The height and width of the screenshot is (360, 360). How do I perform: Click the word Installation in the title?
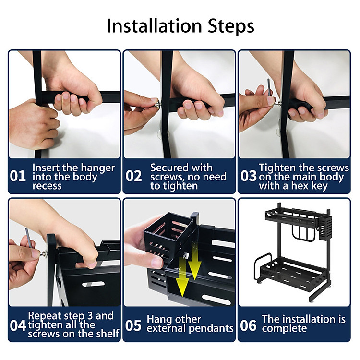tap(154, 26)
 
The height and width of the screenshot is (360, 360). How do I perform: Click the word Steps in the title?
tap(231, 26)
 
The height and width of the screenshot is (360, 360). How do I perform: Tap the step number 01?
tap(18, 176)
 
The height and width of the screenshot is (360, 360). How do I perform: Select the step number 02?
tap(133, 176)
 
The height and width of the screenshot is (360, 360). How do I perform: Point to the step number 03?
tap(249, 176)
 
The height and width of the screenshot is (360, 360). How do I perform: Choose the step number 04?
tap(18, 325)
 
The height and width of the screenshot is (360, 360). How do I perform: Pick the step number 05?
tap(133, 325)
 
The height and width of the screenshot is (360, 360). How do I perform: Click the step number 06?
tap(248, 325)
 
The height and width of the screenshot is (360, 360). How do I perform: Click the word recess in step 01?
tap(47, 186)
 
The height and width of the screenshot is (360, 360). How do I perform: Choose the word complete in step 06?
tap(284, 328)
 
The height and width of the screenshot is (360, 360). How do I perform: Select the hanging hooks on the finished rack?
tap(302, 233)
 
